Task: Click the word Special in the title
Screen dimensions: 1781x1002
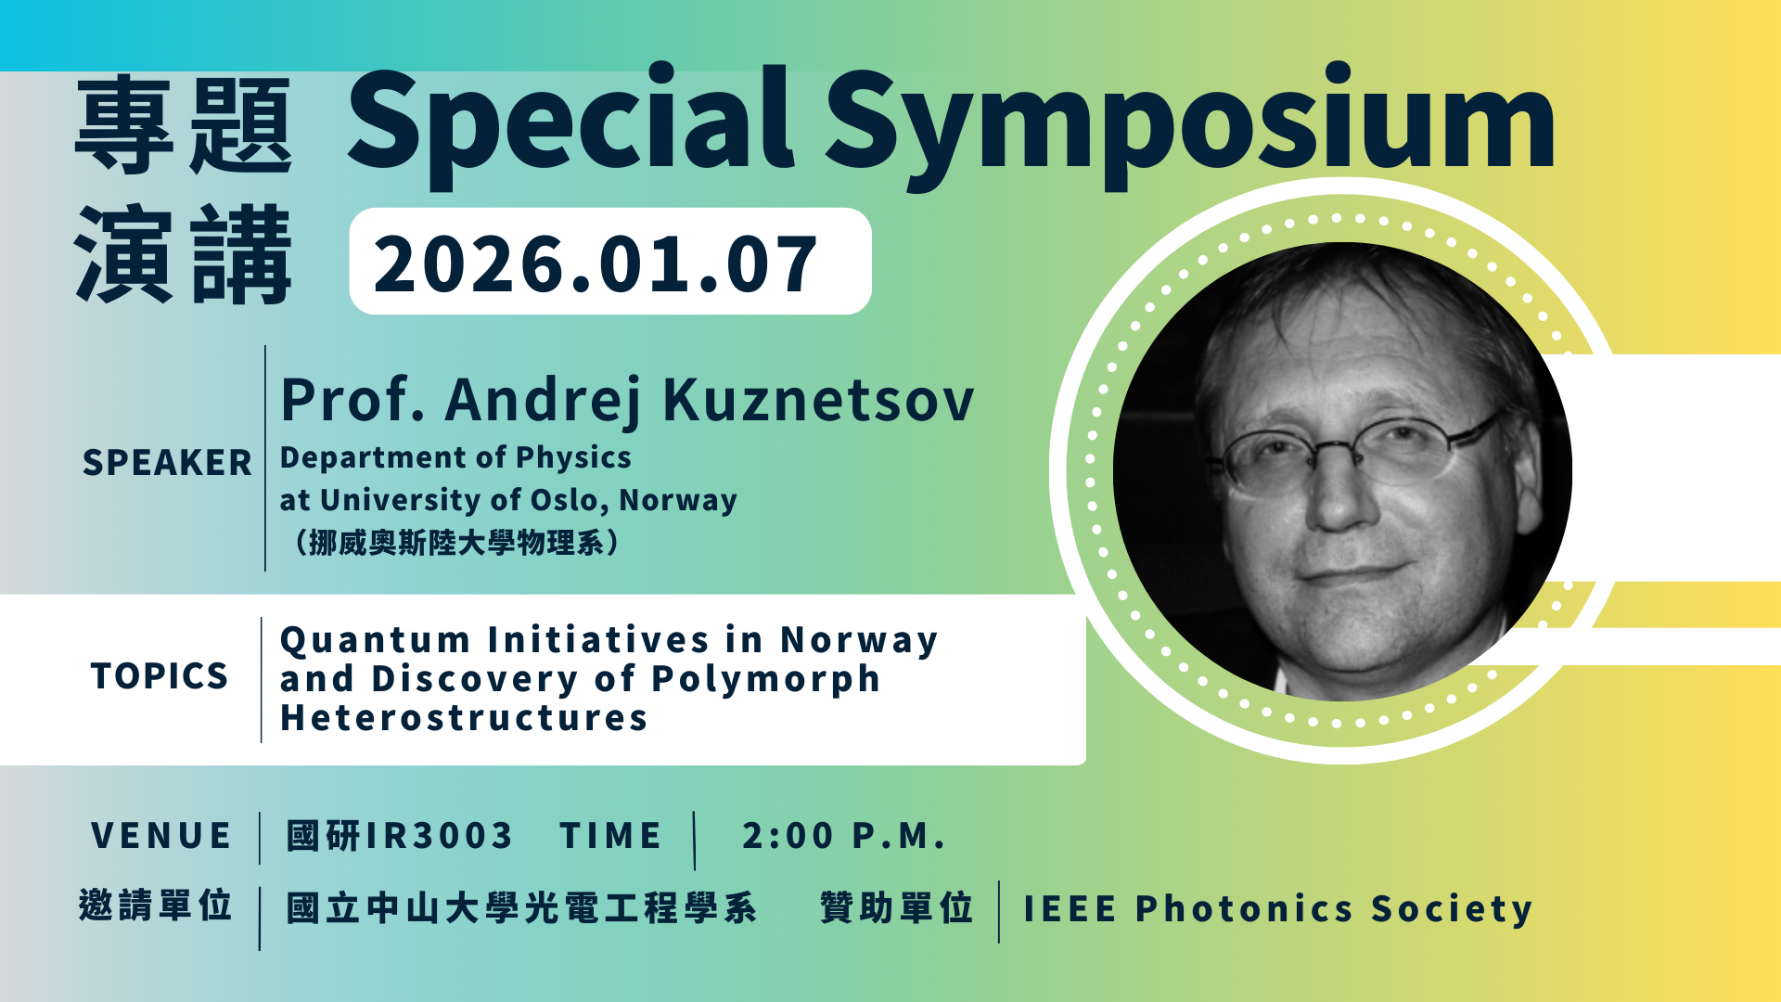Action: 570,121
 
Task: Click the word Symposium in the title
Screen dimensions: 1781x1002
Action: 1190,126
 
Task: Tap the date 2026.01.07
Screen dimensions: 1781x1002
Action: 596,264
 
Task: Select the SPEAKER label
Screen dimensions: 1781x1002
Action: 167,462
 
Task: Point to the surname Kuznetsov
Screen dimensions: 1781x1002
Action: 818,400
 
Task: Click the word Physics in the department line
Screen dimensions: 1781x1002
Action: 573,458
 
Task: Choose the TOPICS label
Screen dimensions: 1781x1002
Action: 160,676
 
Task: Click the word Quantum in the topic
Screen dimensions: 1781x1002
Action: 376,641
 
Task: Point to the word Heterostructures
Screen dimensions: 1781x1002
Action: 464,718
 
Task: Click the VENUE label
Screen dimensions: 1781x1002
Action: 161,836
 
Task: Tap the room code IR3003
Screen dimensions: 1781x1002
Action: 439,836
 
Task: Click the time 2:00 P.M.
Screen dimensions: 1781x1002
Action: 843,836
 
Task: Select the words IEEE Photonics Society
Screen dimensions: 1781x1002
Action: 1277,909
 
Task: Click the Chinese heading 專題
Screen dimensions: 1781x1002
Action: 184,125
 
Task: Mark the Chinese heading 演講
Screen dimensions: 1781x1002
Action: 184,255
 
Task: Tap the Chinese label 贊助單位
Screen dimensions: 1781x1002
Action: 897,907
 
